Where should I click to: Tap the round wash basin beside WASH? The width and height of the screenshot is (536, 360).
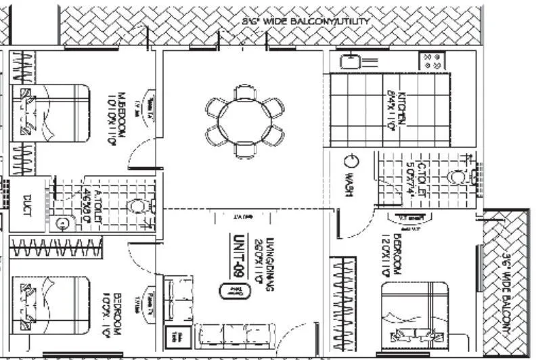coord(351,162)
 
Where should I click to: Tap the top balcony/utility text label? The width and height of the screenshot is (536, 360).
coord(306,22)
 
